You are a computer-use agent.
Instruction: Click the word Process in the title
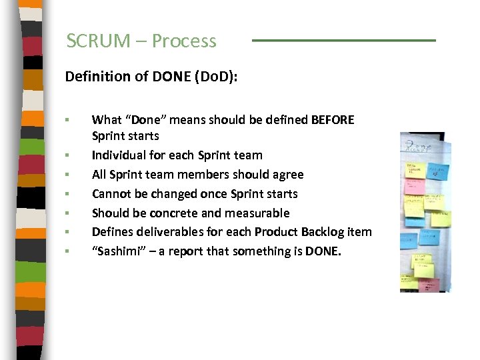pyautogui.click(x=184, y=41)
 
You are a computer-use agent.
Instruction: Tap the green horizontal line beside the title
pyautogui.click(x=343, y=41)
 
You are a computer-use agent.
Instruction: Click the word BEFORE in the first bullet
pyautogui.click(x=333, y=120)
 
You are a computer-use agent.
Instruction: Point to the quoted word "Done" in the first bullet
pyautogui.click(x=135, y=120)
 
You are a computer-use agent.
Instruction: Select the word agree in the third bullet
pyautogui.click(x=287, y=175)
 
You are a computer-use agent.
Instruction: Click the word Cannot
pyautogui.click(x=111, y=194)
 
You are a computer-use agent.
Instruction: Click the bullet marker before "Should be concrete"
pyautogui.click(x=67, y=213)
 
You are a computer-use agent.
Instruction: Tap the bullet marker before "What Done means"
pyautogui.click(x=67, y=120)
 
